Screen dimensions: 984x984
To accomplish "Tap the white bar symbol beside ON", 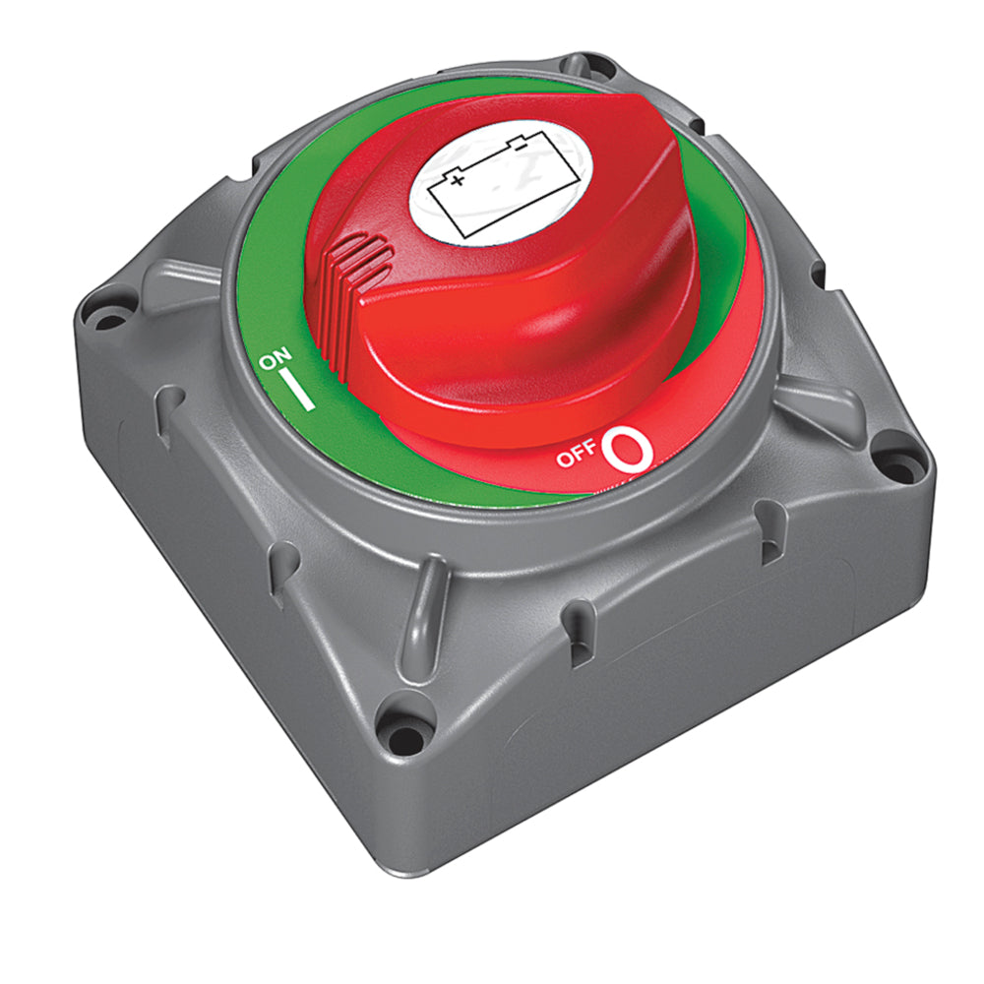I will tap(300, 391).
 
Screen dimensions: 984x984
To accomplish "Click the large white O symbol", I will tap(629, 450).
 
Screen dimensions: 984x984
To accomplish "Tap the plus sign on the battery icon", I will tap(457, 180).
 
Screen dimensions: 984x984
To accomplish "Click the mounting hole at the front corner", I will tap(400, 733).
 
